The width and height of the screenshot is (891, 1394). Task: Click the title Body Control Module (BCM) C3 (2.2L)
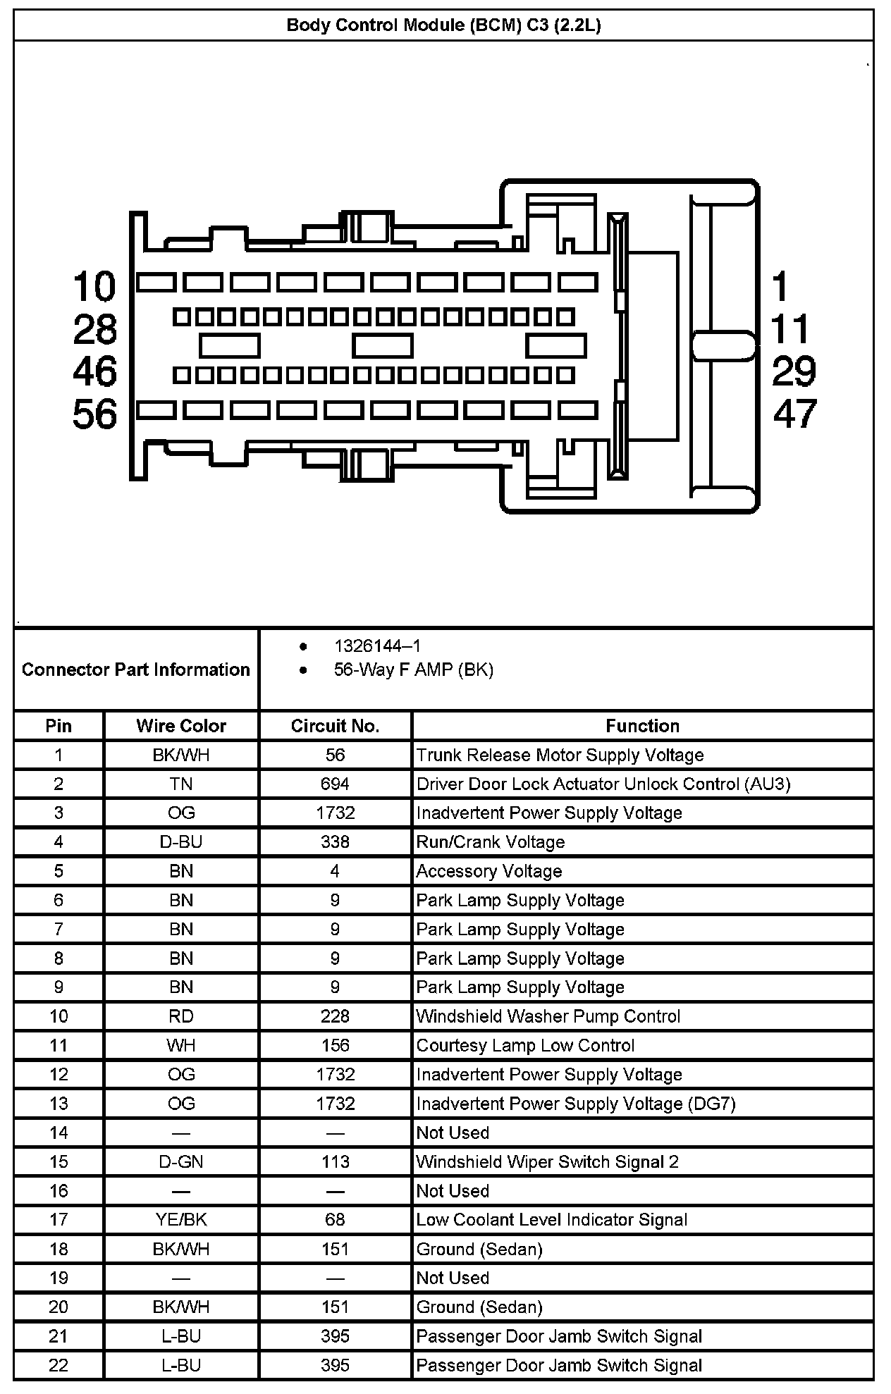click(x=443, y=26)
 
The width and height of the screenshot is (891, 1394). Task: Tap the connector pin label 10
click(x=94, y=287)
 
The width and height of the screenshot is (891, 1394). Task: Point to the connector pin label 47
click(x=794, y=414)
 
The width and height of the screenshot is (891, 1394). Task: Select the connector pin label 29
click(x=794, y=371)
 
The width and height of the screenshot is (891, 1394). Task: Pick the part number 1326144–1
click(x=377, y=646)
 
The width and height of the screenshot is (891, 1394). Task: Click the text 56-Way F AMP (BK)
click(x=413, y=670)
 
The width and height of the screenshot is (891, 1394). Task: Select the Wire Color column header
click(x=181, y=726)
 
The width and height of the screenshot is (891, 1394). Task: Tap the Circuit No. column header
click(x=335, y=726)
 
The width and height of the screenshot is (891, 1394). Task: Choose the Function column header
click(x=642, y=726)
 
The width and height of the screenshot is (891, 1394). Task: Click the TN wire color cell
click(x=181, y=784)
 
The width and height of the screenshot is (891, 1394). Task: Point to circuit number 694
click(x=335, y=784)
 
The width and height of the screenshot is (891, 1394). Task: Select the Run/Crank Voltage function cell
click(x=491, y=842)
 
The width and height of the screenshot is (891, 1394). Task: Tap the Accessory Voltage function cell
click(x=489, y=871)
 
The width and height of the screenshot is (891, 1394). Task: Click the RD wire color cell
click(x=181, y=1016)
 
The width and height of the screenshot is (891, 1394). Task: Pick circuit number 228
click(x=335, y=1016)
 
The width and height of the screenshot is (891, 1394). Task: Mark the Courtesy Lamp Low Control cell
click(x=525, y=1045)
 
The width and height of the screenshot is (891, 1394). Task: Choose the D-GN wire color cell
click(x=181, y=1161)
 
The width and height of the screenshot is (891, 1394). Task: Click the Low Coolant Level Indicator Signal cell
click(x=551, y=1220)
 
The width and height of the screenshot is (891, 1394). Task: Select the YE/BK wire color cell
click(x=181, y=1220)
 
